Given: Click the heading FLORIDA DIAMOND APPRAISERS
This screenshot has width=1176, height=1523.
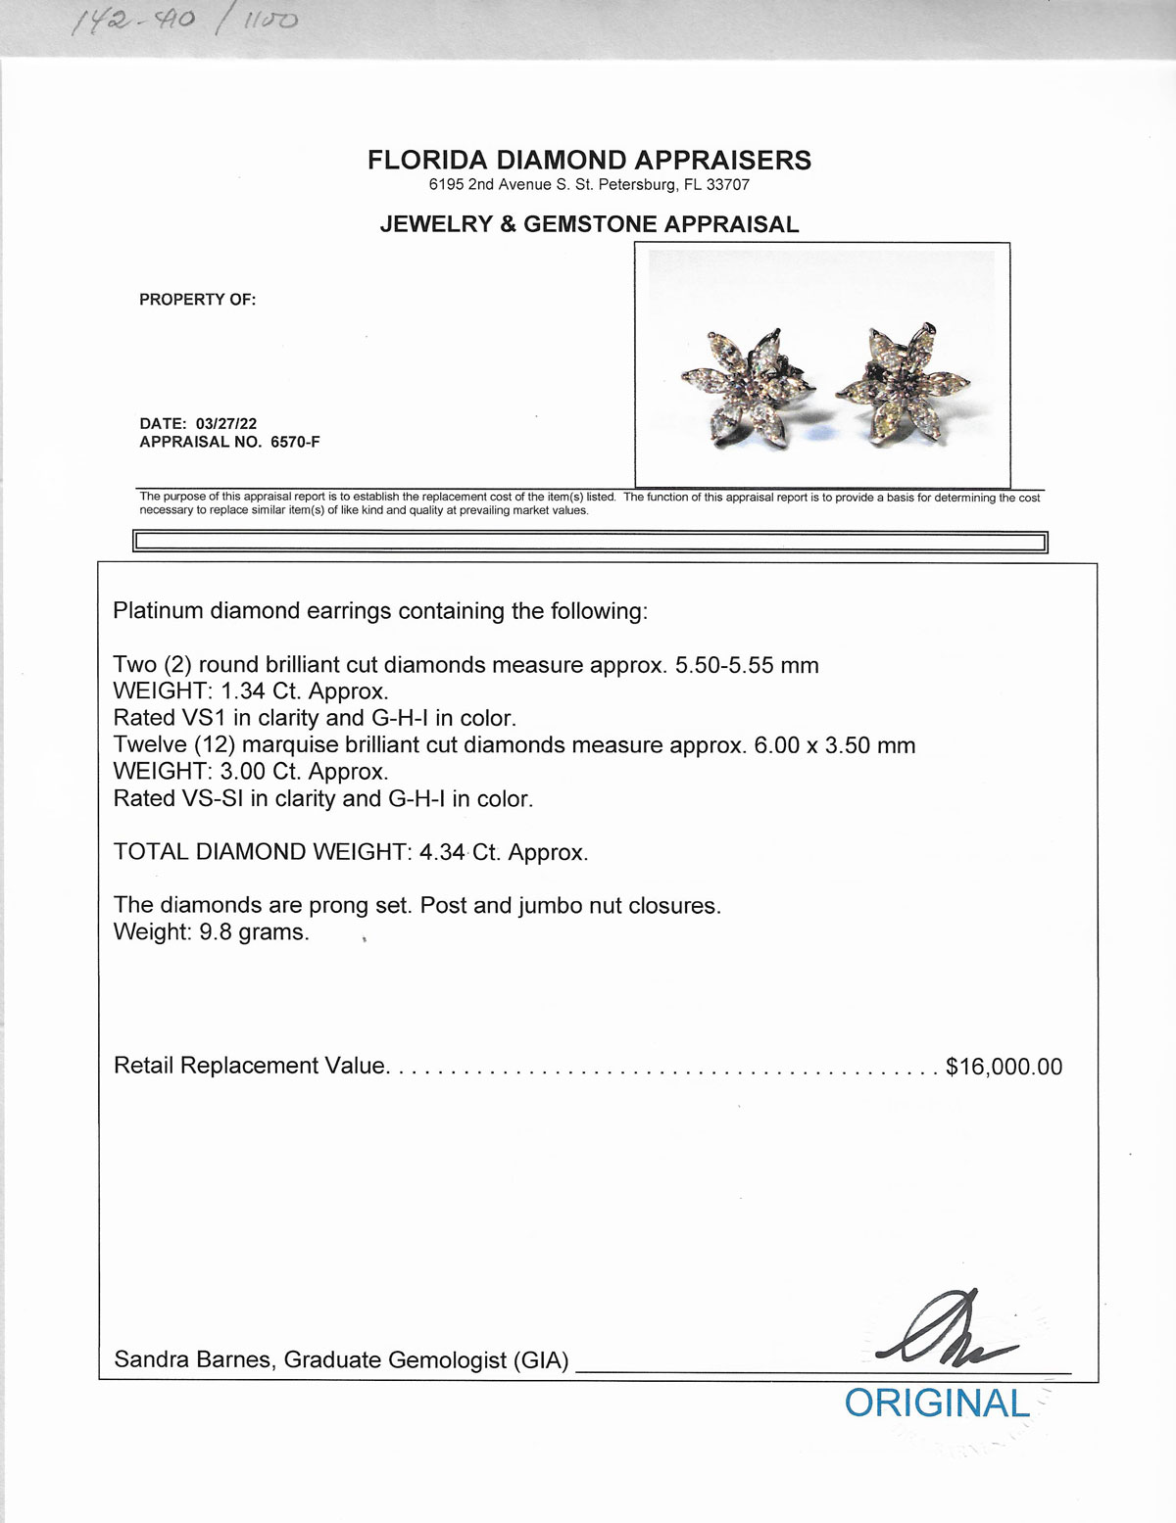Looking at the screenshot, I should coord(589,161).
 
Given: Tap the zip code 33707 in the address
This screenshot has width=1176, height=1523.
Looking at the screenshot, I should coord(728,185).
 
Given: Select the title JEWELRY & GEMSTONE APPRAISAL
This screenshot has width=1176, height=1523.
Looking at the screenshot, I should coord(589,224).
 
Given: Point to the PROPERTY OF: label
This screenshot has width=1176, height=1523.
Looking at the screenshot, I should coord(197,300).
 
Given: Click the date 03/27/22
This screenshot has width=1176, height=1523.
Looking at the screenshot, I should coord(226,424).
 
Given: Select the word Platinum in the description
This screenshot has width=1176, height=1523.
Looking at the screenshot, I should coord(158,611).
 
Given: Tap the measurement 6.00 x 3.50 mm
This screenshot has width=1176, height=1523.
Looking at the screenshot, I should coord(834,745).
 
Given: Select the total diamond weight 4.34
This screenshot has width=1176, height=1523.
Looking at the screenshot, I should coord(441,852).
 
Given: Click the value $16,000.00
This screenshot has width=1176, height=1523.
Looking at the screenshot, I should coord(1004,1067).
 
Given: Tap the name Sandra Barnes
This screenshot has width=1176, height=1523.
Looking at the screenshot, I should coord(192,1359).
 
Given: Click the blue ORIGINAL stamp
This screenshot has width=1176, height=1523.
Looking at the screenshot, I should coord(936,1404).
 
